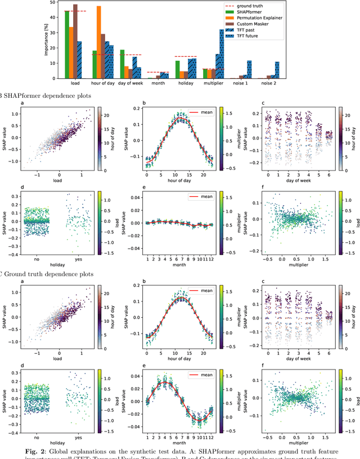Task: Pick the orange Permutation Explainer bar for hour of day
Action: click(99, 42)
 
